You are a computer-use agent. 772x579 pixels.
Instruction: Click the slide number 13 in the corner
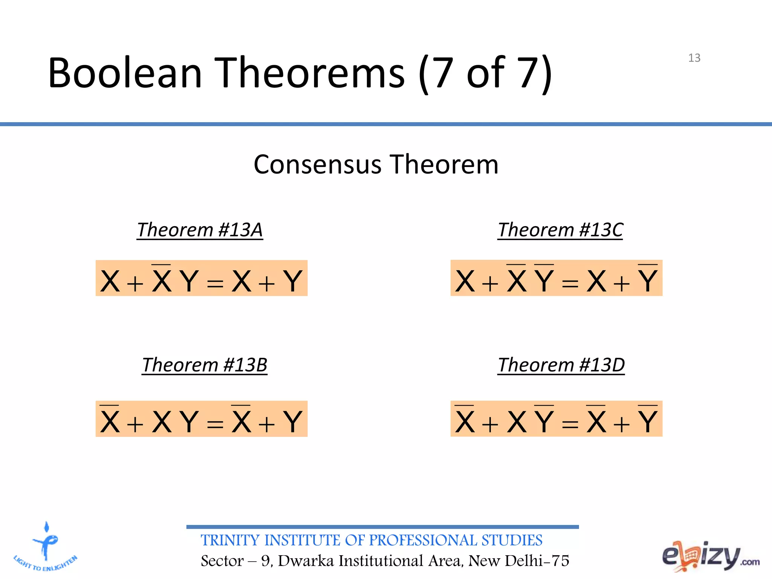694,58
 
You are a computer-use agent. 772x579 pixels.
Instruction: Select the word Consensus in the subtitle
317,165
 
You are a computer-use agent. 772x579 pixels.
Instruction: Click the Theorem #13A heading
200,230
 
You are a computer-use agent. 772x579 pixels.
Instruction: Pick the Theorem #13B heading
205,365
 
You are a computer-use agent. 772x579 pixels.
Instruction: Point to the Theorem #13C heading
560,230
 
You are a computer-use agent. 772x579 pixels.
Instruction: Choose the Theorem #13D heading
561,365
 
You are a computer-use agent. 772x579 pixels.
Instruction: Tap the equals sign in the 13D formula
570,424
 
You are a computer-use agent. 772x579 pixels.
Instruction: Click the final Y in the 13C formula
648,281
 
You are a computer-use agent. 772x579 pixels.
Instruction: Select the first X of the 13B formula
110,421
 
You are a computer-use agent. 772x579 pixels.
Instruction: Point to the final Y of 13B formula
293,421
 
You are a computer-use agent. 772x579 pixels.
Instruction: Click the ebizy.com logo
710,556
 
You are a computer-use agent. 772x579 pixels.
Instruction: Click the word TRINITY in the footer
230,540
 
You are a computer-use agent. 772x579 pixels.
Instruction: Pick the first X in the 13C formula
464,281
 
